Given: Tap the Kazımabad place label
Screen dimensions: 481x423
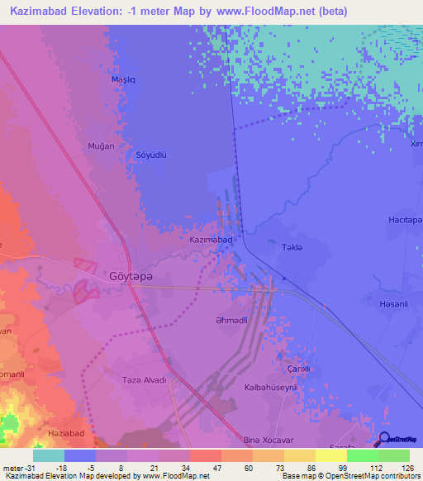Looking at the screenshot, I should click(x=211, y=240).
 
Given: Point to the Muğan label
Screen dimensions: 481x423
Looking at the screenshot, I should click(x=101, y=145).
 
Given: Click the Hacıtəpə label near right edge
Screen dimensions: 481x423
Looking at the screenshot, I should click(x=406, y=220).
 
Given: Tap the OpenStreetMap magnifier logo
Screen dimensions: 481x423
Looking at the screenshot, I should click(x=384, y=438).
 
